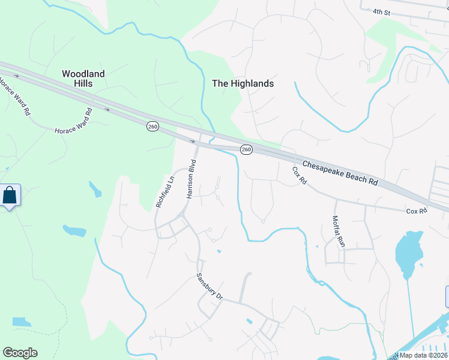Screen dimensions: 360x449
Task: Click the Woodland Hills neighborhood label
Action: point(83,79)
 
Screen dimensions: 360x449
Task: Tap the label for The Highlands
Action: point(243,84)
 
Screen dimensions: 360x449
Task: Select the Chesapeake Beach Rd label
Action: point(340,173)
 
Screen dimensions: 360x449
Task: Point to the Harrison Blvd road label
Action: point(191,179)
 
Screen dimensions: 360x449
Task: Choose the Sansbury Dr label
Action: point(209,287)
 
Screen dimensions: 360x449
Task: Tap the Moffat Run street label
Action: point(339,232)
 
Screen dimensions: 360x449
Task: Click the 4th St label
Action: point(381,12)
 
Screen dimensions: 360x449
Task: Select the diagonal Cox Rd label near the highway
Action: point(299,175)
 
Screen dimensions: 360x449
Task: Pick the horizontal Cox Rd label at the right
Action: point(416,211)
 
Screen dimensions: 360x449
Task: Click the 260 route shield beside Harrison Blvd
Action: point(152,127)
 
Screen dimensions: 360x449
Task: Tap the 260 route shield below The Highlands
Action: point(246,149)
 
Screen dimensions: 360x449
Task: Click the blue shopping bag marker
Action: point(10,196)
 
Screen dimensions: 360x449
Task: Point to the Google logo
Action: point(20,353)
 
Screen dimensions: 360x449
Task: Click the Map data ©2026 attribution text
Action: point(423,355)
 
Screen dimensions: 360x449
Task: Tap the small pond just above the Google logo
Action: point(21,322)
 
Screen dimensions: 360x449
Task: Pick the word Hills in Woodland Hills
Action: point(83,83)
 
